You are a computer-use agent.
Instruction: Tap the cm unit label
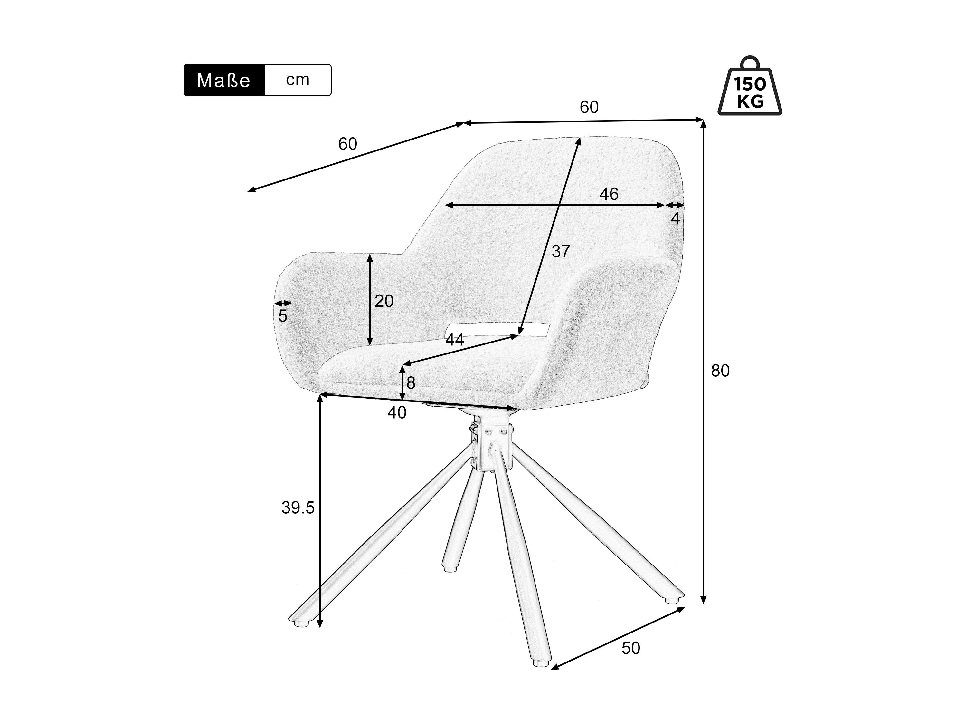click(x=298, y=80)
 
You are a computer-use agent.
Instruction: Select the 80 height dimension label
click(x=720, y=371)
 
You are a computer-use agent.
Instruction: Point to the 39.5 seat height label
click(x=298, y=508)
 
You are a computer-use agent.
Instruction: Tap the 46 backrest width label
click(x=609, y=194)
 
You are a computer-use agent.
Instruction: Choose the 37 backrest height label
click(x=561, y=251)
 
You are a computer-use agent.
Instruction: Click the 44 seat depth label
click(x=455, y=340)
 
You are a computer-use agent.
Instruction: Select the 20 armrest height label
click(x=384, y=301)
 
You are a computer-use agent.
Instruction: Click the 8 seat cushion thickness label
click(x=411, y=383)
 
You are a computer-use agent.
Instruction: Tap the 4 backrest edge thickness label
click(x=675, y=218)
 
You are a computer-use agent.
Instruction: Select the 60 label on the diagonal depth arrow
click(x=348, y=144)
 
